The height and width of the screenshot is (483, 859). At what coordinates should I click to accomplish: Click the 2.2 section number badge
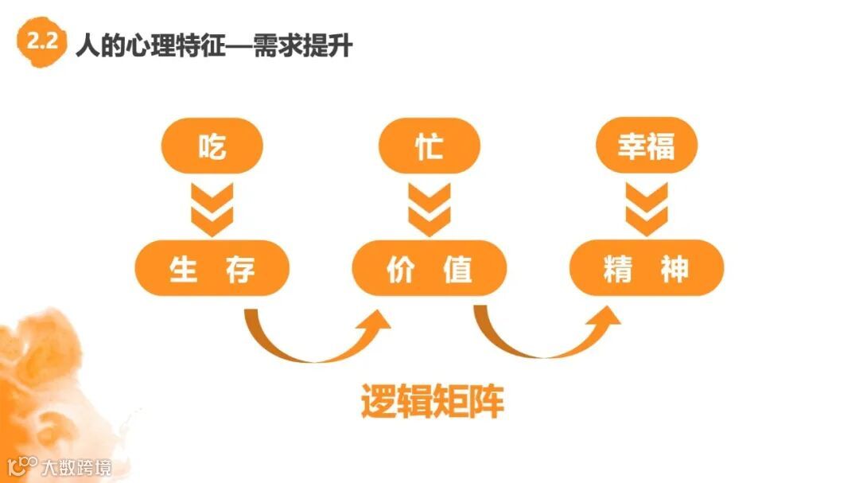(x=41, y=44)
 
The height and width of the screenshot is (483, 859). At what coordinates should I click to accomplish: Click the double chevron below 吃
(x=212, y=208)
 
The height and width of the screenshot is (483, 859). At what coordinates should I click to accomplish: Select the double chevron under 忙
(x=429, y=208)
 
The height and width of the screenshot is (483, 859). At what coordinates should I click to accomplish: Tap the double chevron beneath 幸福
(x=646, y=208)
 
